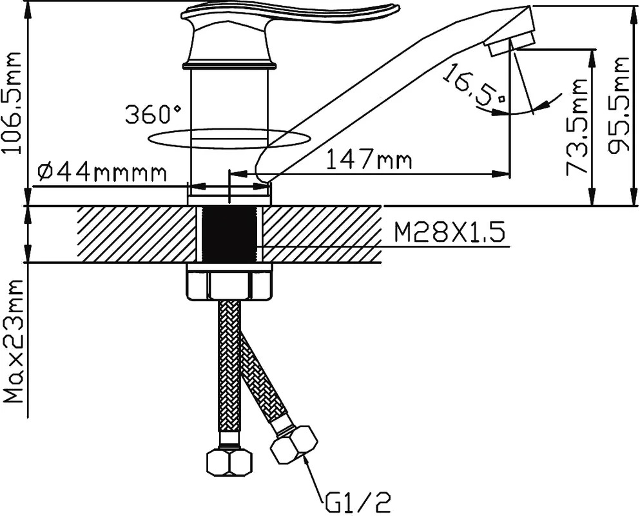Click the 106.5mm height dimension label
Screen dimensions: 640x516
coord(11,103)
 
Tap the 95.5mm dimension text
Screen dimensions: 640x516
coord(618,106)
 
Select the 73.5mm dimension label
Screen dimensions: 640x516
coord(577,126)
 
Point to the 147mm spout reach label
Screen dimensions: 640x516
coord(369,161)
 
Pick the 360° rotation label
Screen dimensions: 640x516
coord(153,114)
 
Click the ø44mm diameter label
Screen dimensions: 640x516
coord(102,174)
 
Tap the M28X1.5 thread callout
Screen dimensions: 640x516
coord(449,233)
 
